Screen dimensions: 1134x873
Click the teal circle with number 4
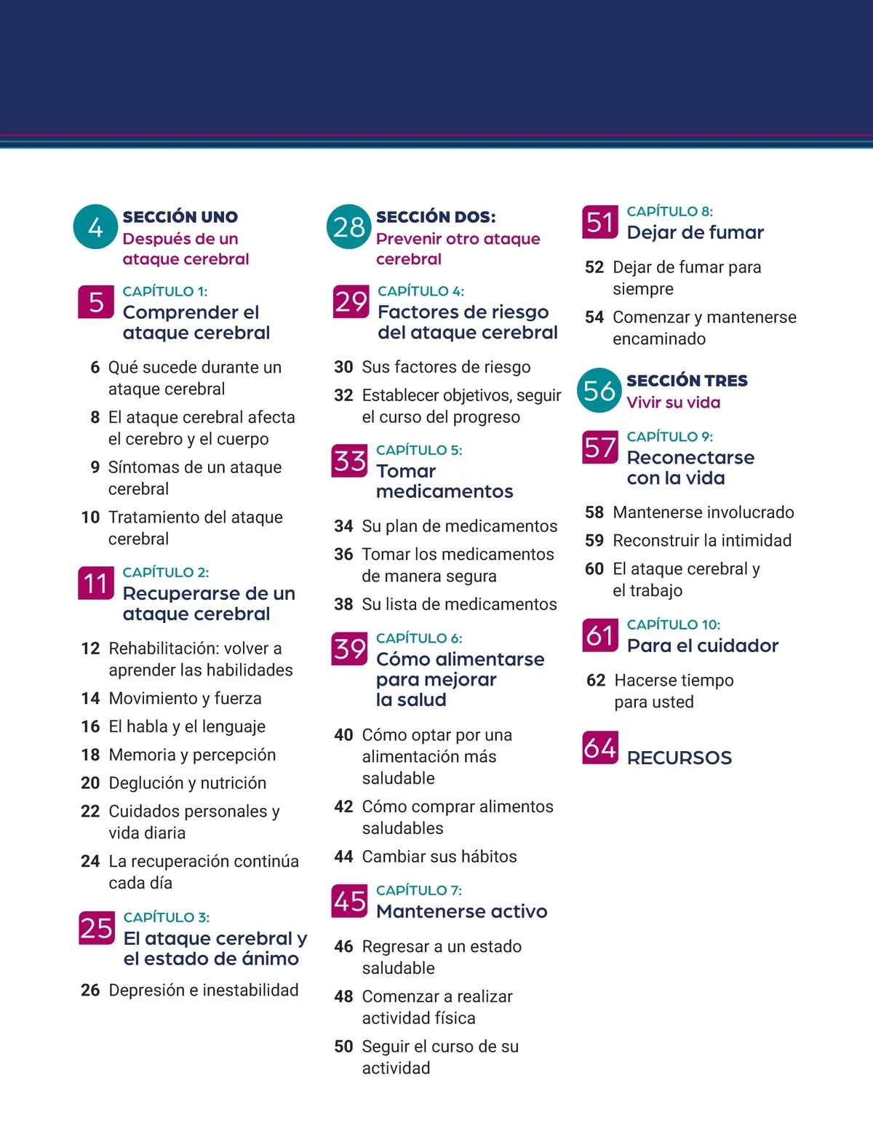click(x=95, y=227)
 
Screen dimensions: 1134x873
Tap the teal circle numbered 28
click(x=349, y=226)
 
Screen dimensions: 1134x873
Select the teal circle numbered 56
click(x=599, y=390)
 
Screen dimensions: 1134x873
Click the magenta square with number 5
click(x=96, y=302)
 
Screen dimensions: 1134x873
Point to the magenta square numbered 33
click(x=349, y=461)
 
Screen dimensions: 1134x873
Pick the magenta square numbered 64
click(x=600, y=748)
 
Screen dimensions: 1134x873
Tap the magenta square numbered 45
click(x=349, y=901)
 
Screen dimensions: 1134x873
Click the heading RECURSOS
click(x=679, y=758)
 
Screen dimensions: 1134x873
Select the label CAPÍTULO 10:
click(x=673, y=625)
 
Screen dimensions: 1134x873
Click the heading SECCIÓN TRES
click(x=687, y=381)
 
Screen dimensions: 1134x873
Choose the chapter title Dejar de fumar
click(x=695, y=232)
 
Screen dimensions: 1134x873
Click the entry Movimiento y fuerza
click(x=185, y=698)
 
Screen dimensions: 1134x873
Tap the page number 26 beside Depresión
click(x=90, y=990)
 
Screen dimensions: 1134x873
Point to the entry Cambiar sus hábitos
click(x=439, y=856)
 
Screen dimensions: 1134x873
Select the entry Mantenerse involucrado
click(x=703, y=512)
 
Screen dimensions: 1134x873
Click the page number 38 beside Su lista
click(x=343, y=604)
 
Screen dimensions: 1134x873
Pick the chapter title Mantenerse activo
click(x=461, y=911)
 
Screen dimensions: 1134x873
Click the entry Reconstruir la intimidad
click(x=702, y=540)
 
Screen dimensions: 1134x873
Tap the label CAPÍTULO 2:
click(x=166, y=572)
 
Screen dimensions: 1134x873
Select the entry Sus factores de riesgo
click(x=446, y=367)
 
